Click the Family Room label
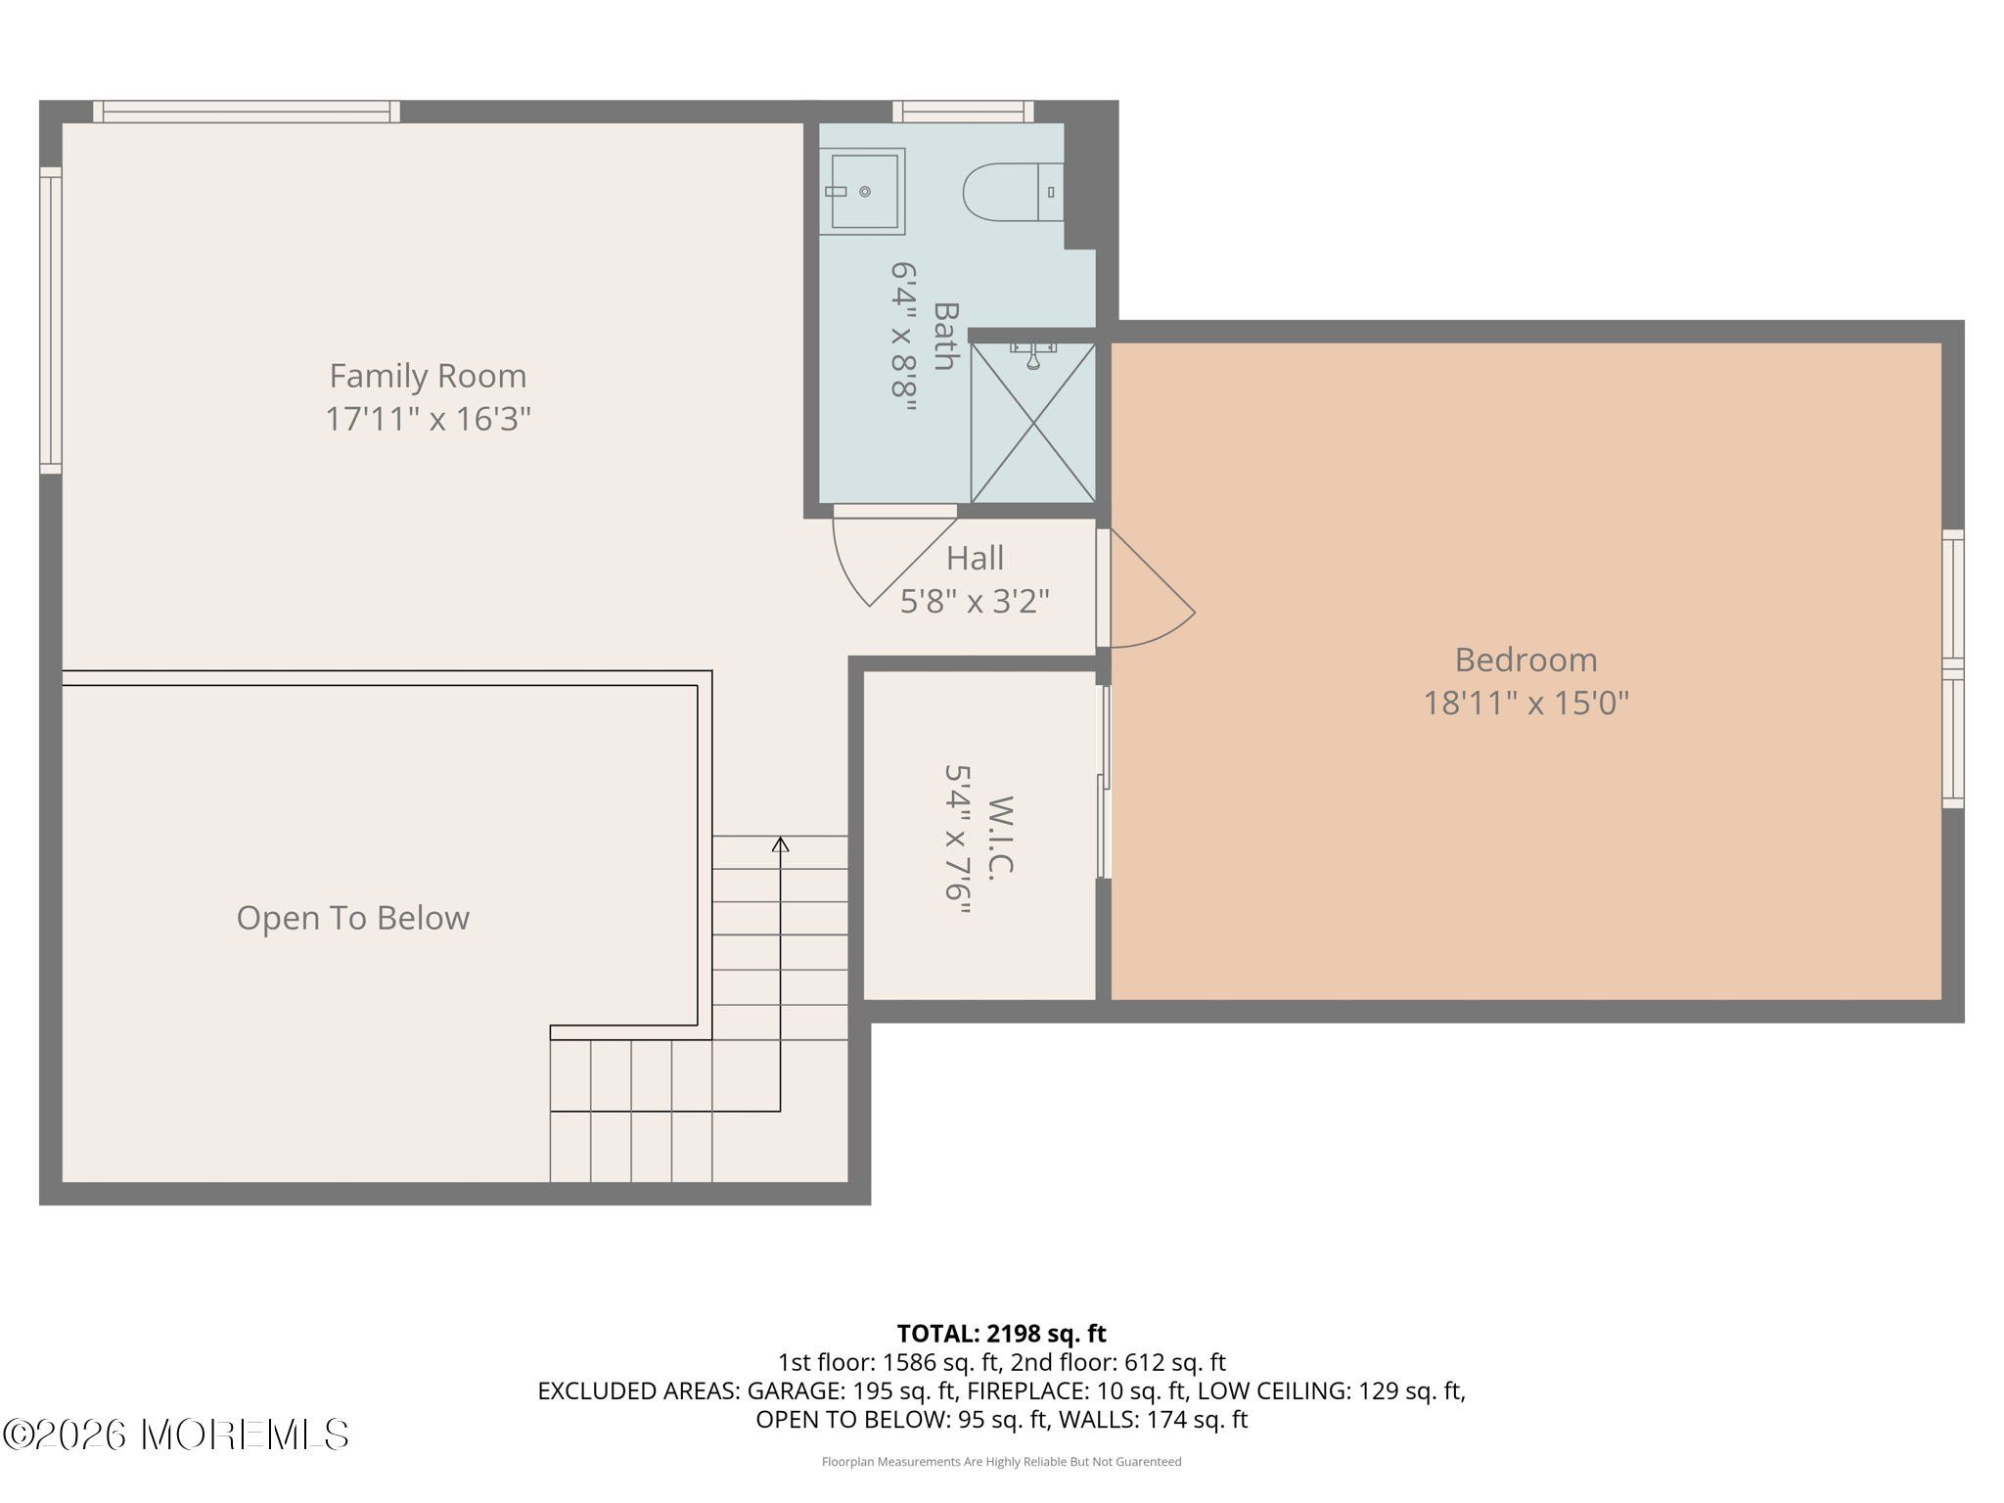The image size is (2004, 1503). [x=428, y=376]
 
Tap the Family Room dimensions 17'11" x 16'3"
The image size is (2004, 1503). [x=428, y=419]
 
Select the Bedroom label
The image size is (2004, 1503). [x=1526, y=660]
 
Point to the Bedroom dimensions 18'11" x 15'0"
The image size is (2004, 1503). [x=1526, y=703]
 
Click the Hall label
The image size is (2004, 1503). [x=975, y=558]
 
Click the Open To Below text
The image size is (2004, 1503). [x=353, y=918]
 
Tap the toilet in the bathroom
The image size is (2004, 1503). [x=1013, y=192]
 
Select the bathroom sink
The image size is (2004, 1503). [x=862, y=192]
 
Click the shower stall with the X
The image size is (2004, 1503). [x=1032, y=422]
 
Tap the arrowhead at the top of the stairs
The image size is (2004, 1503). [x=780, y=843]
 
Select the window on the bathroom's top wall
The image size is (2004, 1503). [x=963, y=112]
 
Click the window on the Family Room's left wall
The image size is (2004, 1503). [x=51, y=320]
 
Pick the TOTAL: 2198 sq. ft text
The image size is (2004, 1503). [x=1001, y=1334]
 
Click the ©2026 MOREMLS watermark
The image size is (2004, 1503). [x=176, y=1435]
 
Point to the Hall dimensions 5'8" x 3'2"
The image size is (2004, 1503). [x=975, y=601]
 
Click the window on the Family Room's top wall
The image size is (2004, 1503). [x=247, y=112]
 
